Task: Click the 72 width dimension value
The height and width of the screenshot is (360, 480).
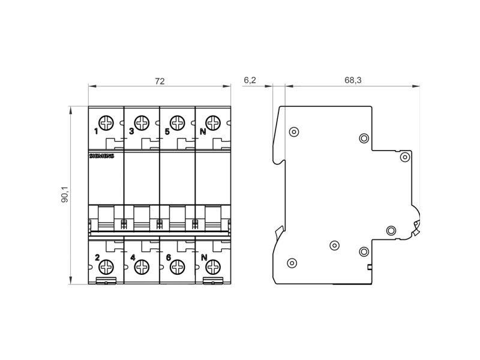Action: pos(160,81)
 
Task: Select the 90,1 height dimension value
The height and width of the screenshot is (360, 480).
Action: pos(65,194)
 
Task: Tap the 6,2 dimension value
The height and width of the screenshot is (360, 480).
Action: pos(250,80)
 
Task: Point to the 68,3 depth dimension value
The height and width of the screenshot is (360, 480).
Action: pos(353,80)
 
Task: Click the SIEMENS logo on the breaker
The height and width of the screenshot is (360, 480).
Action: pos(101,156)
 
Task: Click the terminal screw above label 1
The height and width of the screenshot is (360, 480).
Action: pos(106,123)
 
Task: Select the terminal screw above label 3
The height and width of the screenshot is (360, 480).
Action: pos(142,123)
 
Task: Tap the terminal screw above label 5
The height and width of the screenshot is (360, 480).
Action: pos(177,123)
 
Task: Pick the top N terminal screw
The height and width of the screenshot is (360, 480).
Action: pos(213,123)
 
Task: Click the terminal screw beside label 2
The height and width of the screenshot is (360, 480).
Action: pos(106,267)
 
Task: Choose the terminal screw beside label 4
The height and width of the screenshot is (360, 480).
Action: pos(142,267)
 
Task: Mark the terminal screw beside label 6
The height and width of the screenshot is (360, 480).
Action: pos(177,267)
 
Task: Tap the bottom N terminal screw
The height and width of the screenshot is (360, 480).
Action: pos(213,267)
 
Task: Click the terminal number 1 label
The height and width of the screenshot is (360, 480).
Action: pos(96,131)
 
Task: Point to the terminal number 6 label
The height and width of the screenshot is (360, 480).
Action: pos(168,258)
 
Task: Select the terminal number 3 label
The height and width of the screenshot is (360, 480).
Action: pos(131,131)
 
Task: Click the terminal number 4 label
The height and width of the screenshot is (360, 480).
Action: pos(133,258)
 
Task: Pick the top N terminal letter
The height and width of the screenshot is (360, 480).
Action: pos(203,131)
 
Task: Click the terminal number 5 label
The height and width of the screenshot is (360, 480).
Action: pos(167,131)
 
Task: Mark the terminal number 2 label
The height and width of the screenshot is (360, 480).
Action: pos(97,258)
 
